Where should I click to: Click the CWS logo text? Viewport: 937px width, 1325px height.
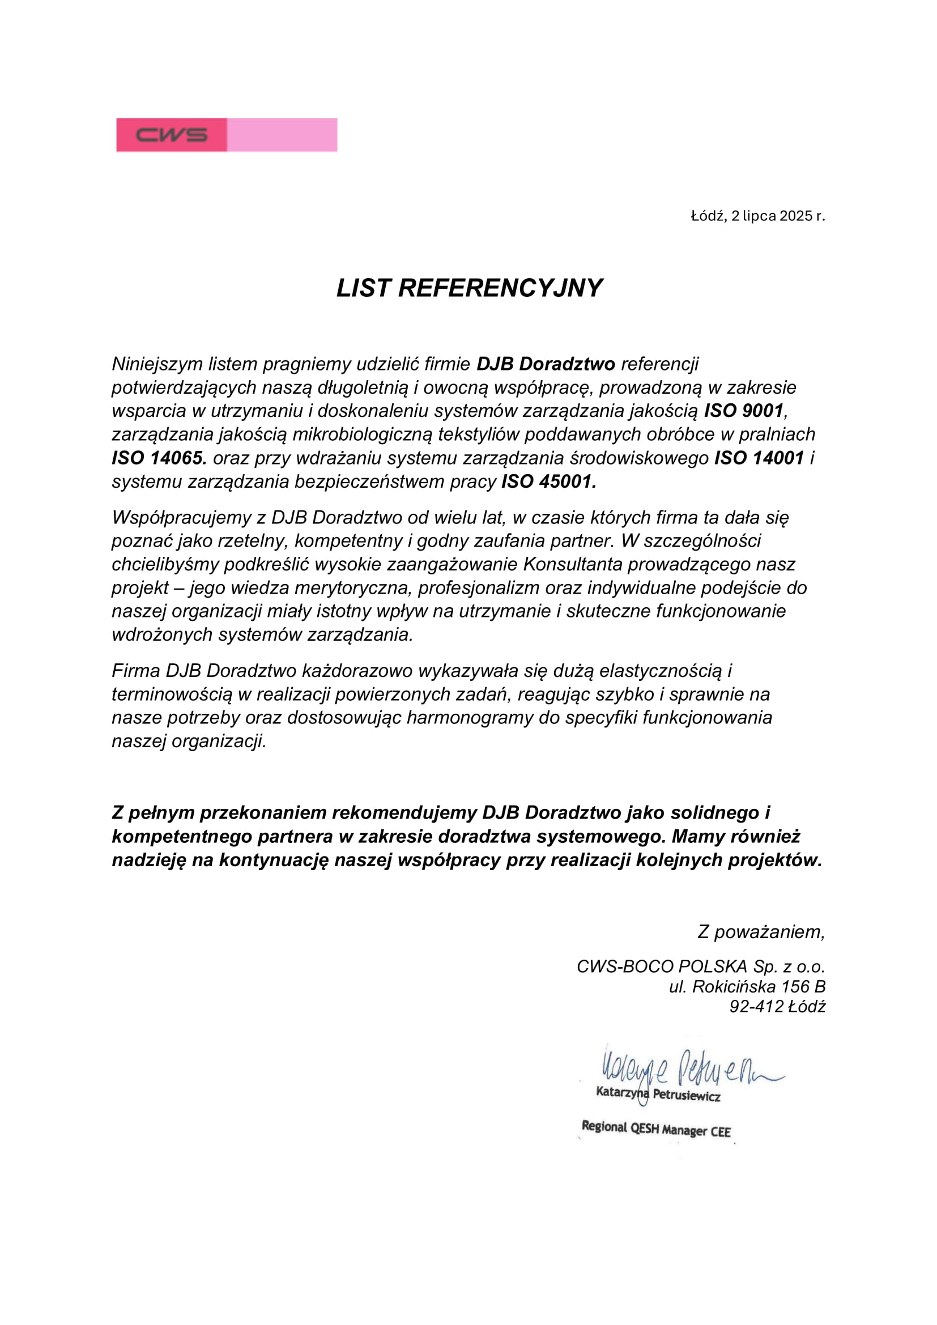coord(171,135)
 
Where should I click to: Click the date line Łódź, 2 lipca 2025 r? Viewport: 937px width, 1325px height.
coord(757,216)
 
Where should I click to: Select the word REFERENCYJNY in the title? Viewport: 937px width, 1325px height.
coord(500,288)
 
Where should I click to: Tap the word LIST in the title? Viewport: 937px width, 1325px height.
coord(364,288)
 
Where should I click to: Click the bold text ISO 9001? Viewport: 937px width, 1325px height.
coord(744,410)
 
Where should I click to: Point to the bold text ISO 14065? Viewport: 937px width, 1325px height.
coord(159,458)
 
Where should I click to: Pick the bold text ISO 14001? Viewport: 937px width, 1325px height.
coord(759,458)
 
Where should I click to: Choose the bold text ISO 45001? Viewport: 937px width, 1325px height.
coord(549,482)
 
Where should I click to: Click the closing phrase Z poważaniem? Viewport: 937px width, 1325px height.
coord(761,931)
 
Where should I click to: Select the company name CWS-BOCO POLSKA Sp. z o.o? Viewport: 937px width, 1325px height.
coord(700,966)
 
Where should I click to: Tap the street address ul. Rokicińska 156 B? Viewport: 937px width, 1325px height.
coord(747,986)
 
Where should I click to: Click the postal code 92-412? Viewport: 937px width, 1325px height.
coord(756,1007)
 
